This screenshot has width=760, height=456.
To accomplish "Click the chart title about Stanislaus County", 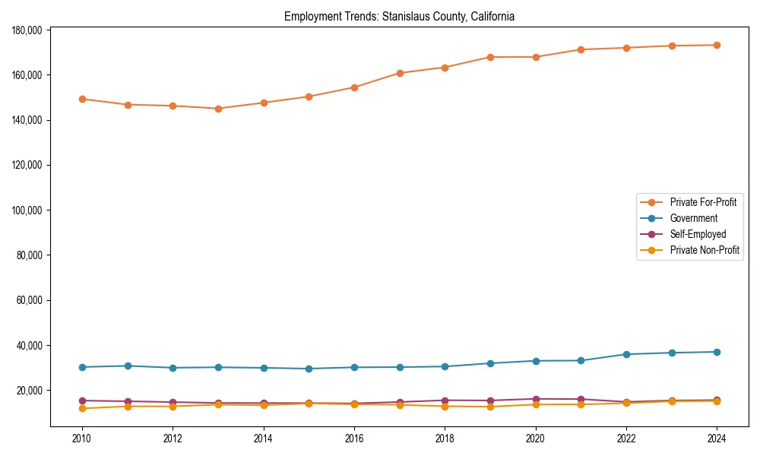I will coord(399,17).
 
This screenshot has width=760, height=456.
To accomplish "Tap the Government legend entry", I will coord(693,218).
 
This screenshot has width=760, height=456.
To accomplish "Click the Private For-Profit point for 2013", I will coord(218,109).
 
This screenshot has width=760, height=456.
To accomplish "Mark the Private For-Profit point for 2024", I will coord(717,45).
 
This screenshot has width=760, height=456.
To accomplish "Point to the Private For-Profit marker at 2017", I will coord(400,73).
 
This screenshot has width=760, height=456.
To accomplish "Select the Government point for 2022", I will coord(626,354).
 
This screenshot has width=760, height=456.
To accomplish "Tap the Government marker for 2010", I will coord(82,367).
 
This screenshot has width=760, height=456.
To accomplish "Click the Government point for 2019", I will coord(490,363).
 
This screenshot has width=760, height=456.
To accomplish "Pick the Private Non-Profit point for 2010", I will coord(82,408).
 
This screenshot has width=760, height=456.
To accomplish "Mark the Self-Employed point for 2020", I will coord(536,399).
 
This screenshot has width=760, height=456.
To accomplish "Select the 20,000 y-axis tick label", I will coord(30,391).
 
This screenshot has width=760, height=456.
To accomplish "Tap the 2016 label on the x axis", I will coord(354,439).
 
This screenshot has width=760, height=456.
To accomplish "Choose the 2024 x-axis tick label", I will coord(717,439).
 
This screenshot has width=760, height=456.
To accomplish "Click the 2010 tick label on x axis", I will coord(82,439).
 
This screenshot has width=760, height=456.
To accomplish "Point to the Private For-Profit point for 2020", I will coord(536,57).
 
